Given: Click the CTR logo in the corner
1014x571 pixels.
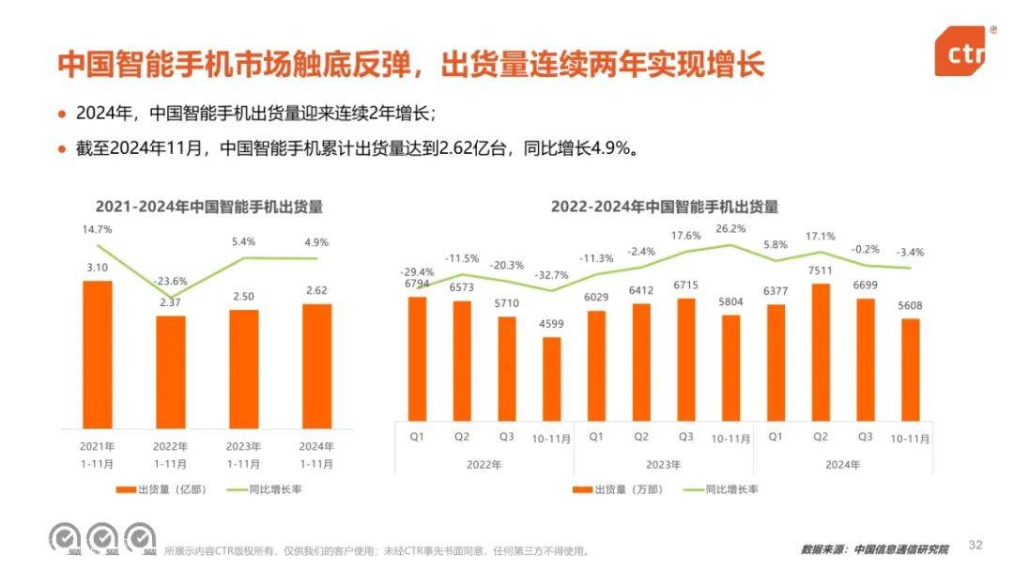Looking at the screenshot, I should pyautogui.click(x=960, y=51).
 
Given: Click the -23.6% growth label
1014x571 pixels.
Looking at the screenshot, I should pyautogui.click(x=170, y=280).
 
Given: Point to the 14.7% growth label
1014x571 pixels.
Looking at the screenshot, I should pyautogui.click(x=97, y=229).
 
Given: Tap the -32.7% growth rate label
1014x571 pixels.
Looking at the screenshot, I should pyautogui.click(x=552, y=275).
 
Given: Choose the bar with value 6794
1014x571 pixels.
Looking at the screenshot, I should pyautogui.click(x=417, y=357).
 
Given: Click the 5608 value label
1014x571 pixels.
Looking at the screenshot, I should pyautogui.click(x=911, y=305).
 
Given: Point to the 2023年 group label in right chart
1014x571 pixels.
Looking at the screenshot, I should pyautogui.click(x=663, y=464).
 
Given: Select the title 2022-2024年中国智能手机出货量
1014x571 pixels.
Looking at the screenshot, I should pyautogui.click(x=664, y=207).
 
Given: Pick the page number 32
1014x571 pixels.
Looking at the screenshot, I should pyautogui.click(x=975, y=546).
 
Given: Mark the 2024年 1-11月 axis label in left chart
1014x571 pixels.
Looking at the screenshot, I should pyautogui.click(x=316, y=455).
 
